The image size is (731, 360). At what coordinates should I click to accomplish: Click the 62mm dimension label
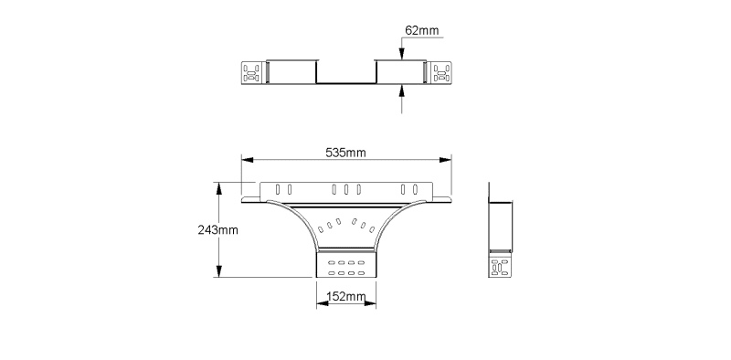pos(422,30)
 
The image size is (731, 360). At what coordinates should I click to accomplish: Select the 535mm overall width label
pos(345,153)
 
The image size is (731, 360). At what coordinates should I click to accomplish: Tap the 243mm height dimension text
pos(217,230)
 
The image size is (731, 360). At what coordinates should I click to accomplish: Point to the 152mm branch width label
pos(346,297)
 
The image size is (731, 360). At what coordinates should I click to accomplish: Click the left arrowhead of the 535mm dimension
pos(247,160)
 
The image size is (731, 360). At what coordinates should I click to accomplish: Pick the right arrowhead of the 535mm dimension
pos(446,160)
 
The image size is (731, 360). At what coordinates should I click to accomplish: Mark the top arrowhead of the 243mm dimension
pos(218,188)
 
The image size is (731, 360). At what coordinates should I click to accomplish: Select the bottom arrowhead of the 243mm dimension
pos(218,271)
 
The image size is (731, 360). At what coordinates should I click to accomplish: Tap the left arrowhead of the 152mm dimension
pos(323,303)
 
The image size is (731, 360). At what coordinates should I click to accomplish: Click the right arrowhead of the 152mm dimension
pos(370,303)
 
